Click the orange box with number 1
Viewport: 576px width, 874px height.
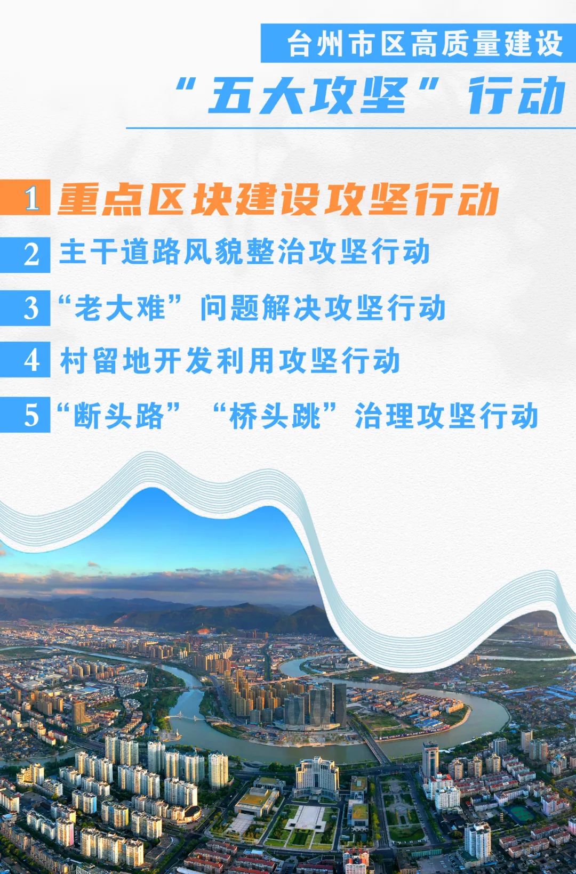pyautogui.click(x=25, y=197)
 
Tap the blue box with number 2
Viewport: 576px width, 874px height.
pyautogui.click(x=25, y=254)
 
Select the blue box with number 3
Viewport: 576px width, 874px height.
pyautogui.click(x=25, y=308)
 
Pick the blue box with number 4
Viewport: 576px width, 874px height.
pyautogui.click(x=25, y=359)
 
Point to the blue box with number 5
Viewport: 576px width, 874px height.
pyautogui.click(x=25, y=415)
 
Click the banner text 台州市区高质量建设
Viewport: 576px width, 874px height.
pyautogui.click(x=425, y=44)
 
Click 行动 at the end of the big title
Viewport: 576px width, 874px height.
pyautogui.click(x=517, y=95)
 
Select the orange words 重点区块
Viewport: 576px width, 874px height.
pyautogui.click(x=121, y=199)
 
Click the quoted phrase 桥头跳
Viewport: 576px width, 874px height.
pyautogui.click(x=275, y=416)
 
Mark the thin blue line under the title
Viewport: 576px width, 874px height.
pyautogui.click(x=351, y=127)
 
